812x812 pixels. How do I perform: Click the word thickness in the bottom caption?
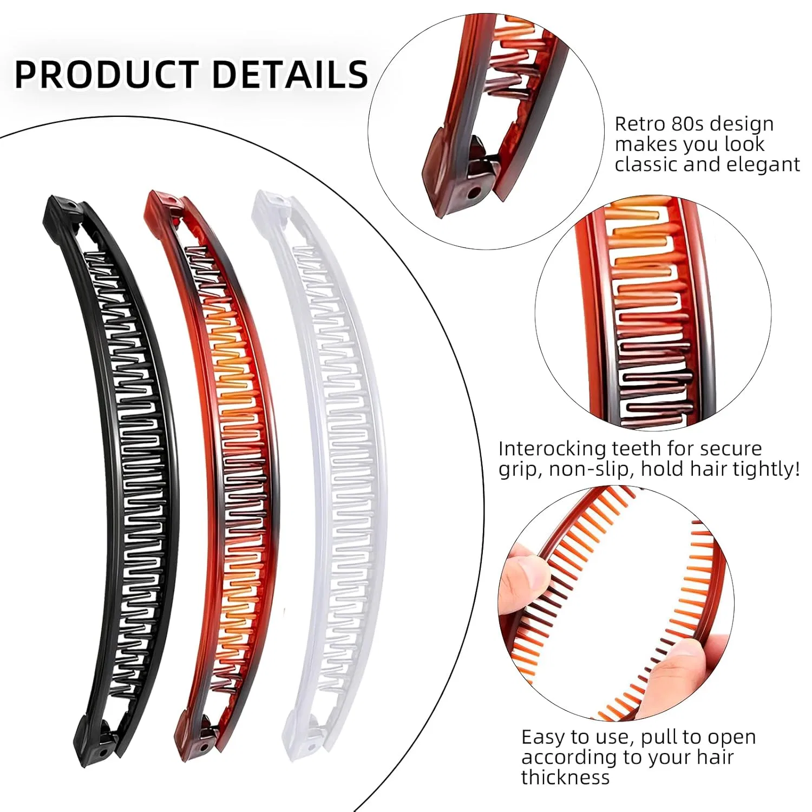click(x=565, y=777)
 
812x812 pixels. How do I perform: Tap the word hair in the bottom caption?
click(x=716, y=757)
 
